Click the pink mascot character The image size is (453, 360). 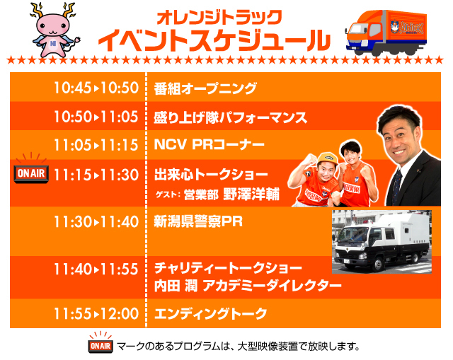pos(55,30)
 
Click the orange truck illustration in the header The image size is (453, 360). pos(386,32)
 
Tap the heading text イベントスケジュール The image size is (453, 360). pos(214,40)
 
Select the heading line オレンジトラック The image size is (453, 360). pos(219,17)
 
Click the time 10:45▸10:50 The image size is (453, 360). pos(96,88)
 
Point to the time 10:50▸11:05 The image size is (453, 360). pos(96,117)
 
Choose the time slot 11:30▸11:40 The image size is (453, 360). pos(96,221)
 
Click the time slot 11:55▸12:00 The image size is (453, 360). pos(96,313)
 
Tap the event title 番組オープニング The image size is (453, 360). pos(205,88)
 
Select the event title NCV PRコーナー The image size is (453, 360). pos(210,144)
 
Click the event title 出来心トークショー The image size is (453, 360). pos(211,175)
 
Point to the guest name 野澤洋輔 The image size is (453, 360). pos(251,194)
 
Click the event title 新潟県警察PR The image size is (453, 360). pos(198,221)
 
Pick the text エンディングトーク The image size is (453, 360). pos(211,314)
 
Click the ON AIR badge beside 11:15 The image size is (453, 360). pos(31,170)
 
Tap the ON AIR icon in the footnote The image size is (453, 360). pos(101,342)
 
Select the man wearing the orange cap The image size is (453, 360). pos(315,180)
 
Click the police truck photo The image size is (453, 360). pos(382,242)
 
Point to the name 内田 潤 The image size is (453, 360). pos(176,286)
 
